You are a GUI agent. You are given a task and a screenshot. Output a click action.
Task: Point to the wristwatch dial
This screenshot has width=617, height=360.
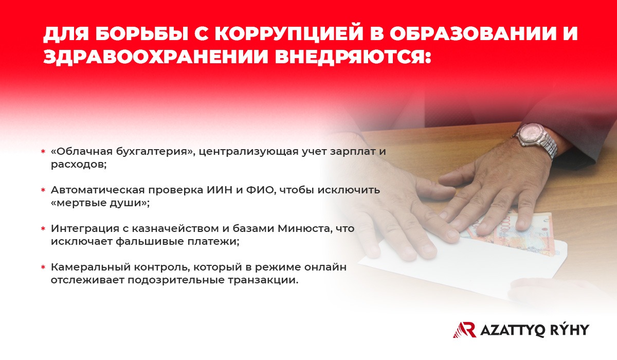[532, 132]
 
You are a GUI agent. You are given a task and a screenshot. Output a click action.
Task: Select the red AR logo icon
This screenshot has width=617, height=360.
[465, 330]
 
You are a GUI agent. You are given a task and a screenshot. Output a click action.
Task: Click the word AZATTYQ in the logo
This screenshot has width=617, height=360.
[512, 330]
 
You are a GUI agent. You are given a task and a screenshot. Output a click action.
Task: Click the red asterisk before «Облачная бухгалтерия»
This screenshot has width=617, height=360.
[43, 152]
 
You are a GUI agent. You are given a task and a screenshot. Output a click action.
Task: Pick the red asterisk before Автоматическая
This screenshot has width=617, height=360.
[43, 190]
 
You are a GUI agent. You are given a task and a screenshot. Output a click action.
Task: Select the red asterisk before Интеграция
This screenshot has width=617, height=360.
[43, 229]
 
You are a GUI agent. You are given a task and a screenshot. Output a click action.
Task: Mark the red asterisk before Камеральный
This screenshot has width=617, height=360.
[43, 267]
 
